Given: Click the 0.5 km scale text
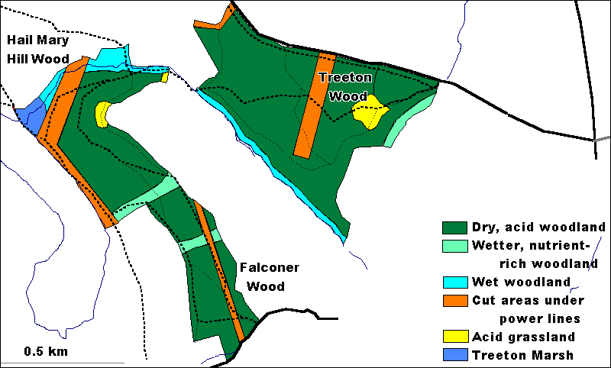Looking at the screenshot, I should pos(45,351).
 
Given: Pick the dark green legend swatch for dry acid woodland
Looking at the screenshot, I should pos(455,228).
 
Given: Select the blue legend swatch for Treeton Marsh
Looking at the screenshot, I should pos(455,355).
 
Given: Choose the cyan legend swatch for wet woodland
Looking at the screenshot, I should pos(455,282).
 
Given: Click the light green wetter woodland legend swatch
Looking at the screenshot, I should pos(455,246).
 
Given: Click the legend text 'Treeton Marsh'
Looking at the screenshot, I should pos(522,355).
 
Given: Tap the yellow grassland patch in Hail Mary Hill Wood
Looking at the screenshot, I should pos(102,115).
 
